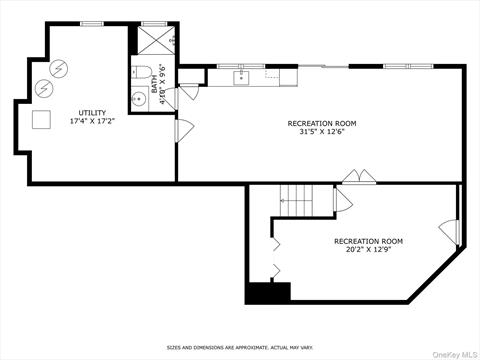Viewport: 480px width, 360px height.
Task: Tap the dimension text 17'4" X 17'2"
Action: (x=92, y=121)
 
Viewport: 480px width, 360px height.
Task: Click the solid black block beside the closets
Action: (x=267, y=293)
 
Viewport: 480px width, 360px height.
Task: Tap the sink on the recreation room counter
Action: (x=241, y=75)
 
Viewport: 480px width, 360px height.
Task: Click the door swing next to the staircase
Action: (x=340, y=202)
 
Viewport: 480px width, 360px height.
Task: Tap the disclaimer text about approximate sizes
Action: (x=240, y=348)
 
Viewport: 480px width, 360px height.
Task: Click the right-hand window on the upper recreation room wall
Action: (x=408, y=66)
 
